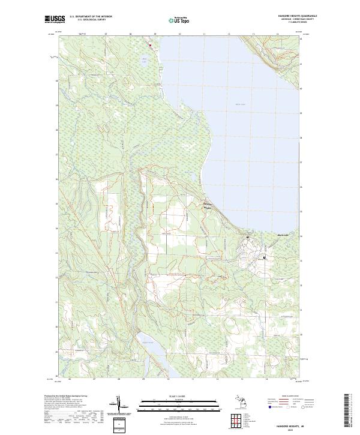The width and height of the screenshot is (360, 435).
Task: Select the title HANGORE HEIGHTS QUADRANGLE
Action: click(284, 16)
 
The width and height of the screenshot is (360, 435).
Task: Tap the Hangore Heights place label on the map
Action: click(205, 205)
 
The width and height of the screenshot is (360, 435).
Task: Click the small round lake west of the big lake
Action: click(143, 60)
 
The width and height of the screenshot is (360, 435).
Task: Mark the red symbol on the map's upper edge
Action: click(149, 44)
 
